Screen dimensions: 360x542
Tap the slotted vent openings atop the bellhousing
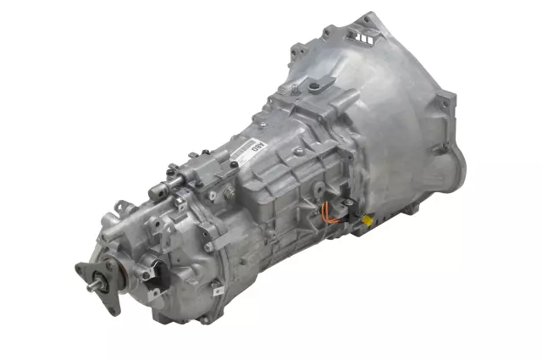coord(367,39)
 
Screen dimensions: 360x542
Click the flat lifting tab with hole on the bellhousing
coord(321,86)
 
